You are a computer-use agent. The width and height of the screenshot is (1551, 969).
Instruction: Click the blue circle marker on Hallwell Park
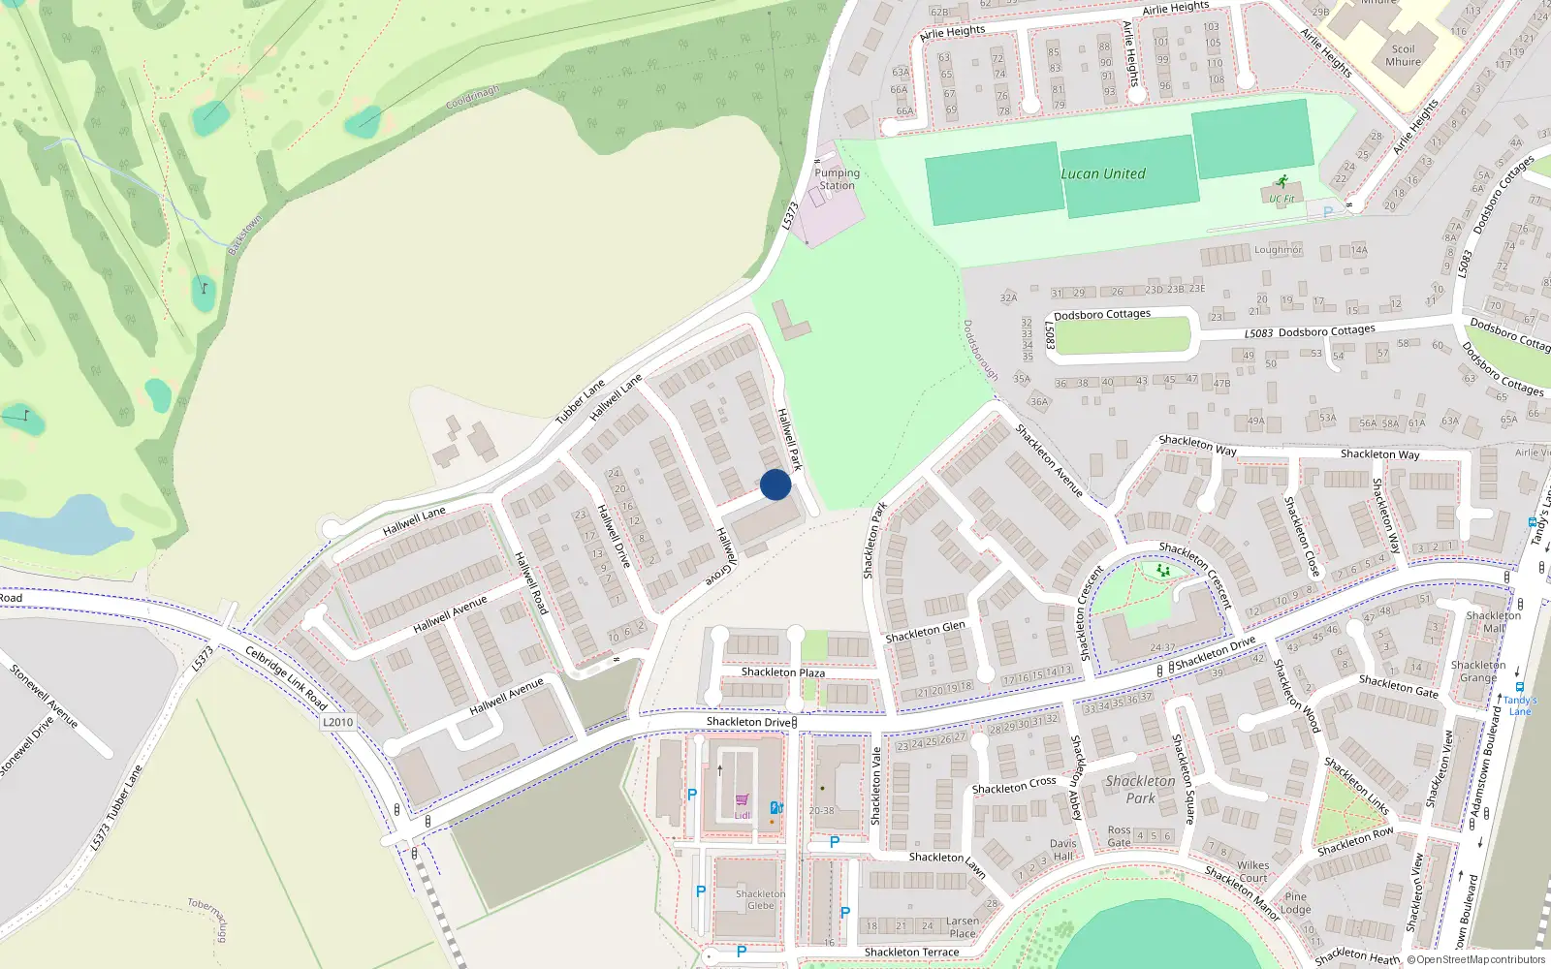click(775, 484)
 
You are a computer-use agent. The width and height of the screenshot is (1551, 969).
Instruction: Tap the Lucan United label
click(1102, 174)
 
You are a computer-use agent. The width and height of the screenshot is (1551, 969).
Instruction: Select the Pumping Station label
click(837, 179)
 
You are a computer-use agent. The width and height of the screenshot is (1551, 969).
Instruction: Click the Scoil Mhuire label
click(1403, 55)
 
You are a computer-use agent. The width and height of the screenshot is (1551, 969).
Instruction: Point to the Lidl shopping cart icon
click(743, 800)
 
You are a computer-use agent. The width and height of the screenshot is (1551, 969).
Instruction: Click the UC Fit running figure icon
click(1283, 181)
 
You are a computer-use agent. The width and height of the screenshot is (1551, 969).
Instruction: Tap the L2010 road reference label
click(337, 722)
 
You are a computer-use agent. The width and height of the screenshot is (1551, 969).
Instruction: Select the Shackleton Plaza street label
click(783, 672)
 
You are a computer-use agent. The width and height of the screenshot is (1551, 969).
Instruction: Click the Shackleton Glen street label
click(925, 632)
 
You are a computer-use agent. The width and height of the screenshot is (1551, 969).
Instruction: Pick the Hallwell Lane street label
click(414, 520)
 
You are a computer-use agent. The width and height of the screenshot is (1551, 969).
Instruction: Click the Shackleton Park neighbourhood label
click(1140, 790)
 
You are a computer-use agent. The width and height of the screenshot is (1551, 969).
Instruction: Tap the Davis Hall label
click(1062, 850)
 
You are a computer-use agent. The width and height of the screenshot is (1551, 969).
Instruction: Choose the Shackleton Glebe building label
click(760, 900)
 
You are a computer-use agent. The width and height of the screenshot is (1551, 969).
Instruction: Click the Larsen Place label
click(962, 927)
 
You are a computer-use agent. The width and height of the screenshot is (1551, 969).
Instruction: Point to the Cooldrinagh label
click(473, 98)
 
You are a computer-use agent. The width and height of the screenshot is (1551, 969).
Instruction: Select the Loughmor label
click(1278, 250)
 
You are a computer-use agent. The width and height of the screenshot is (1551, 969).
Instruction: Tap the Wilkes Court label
click(1252, 872)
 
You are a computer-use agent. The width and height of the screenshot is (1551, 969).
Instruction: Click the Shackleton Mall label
click(1493, 622)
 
